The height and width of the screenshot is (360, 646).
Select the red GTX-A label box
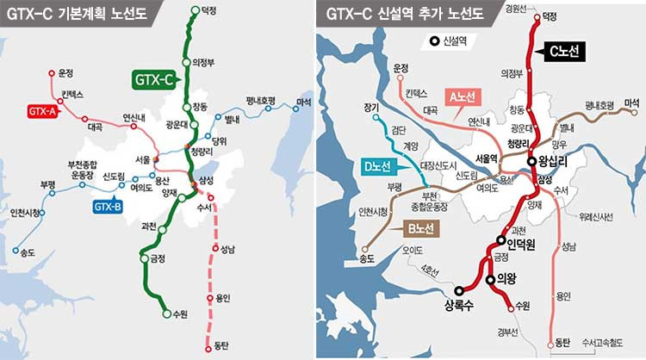[43, 110]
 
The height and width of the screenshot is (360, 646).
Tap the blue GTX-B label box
[108, 206]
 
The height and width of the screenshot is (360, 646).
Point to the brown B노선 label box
[422, 228]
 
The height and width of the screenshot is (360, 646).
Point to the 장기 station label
[371, 108]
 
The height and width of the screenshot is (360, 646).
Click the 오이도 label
[414, 251]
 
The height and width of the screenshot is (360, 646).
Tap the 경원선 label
[516, 9]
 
